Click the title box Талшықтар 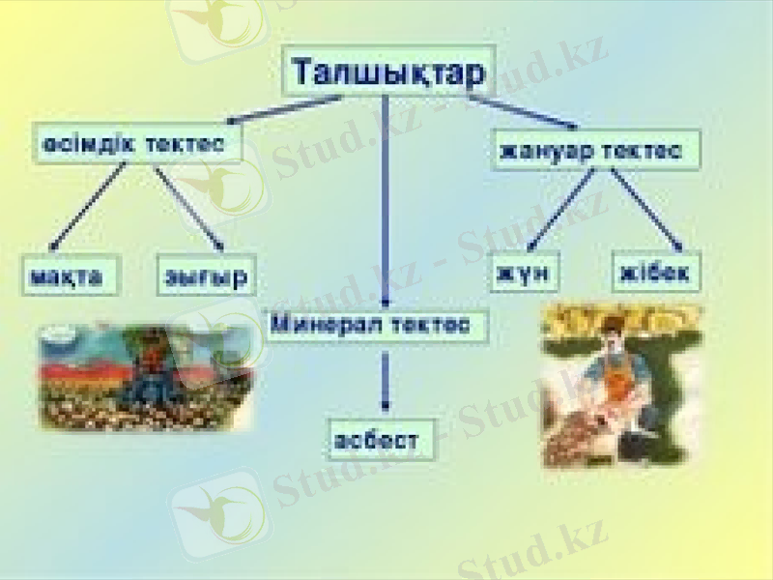coord(388,71)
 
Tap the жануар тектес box coord(592,150)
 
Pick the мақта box coord(72,275)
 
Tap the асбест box coord(378,441)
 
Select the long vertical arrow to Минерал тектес coord(386,203)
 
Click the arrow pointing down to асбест coord(386,382)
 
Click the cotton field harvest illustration coord(143,377)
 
